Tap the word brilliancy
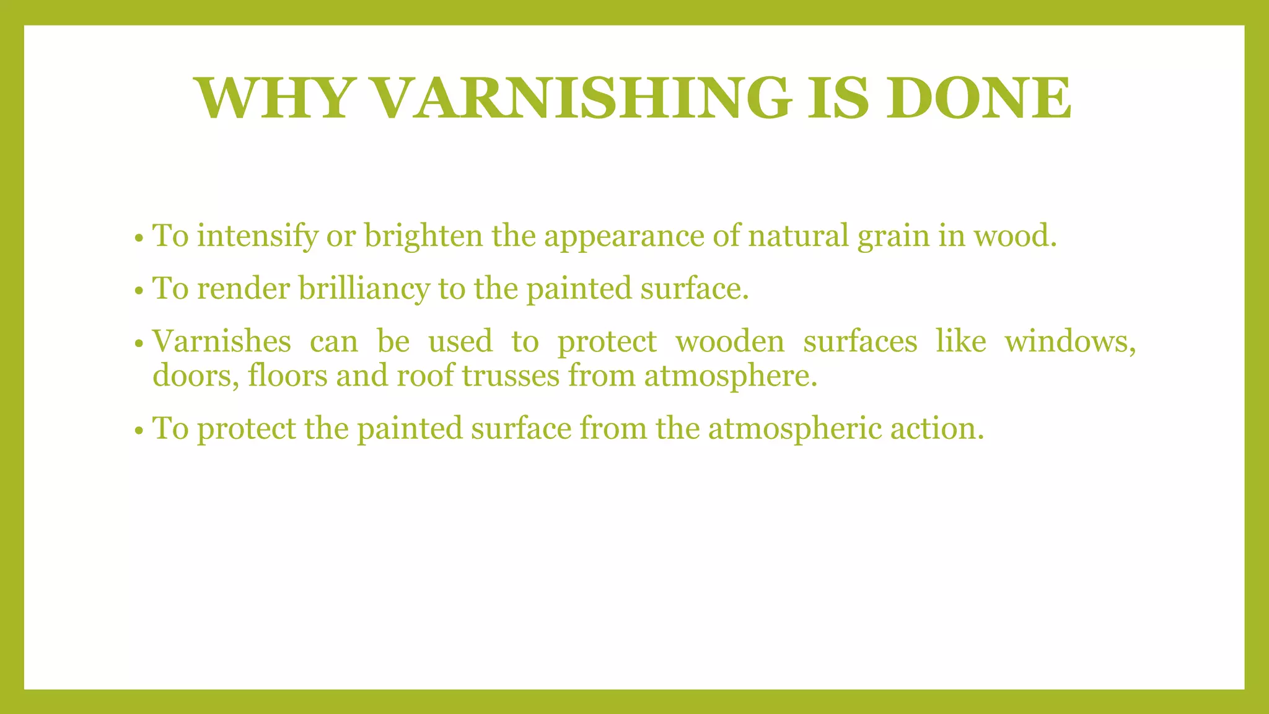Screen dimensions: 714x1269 point(364,289)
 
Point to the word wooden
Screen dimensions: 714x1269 point(729,342)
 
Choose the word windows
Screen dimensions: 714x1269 point(1070,342)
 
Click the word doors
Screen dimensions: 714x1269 point(195,376)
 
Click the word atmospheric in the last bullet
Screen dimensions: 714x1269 point(794,428)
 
